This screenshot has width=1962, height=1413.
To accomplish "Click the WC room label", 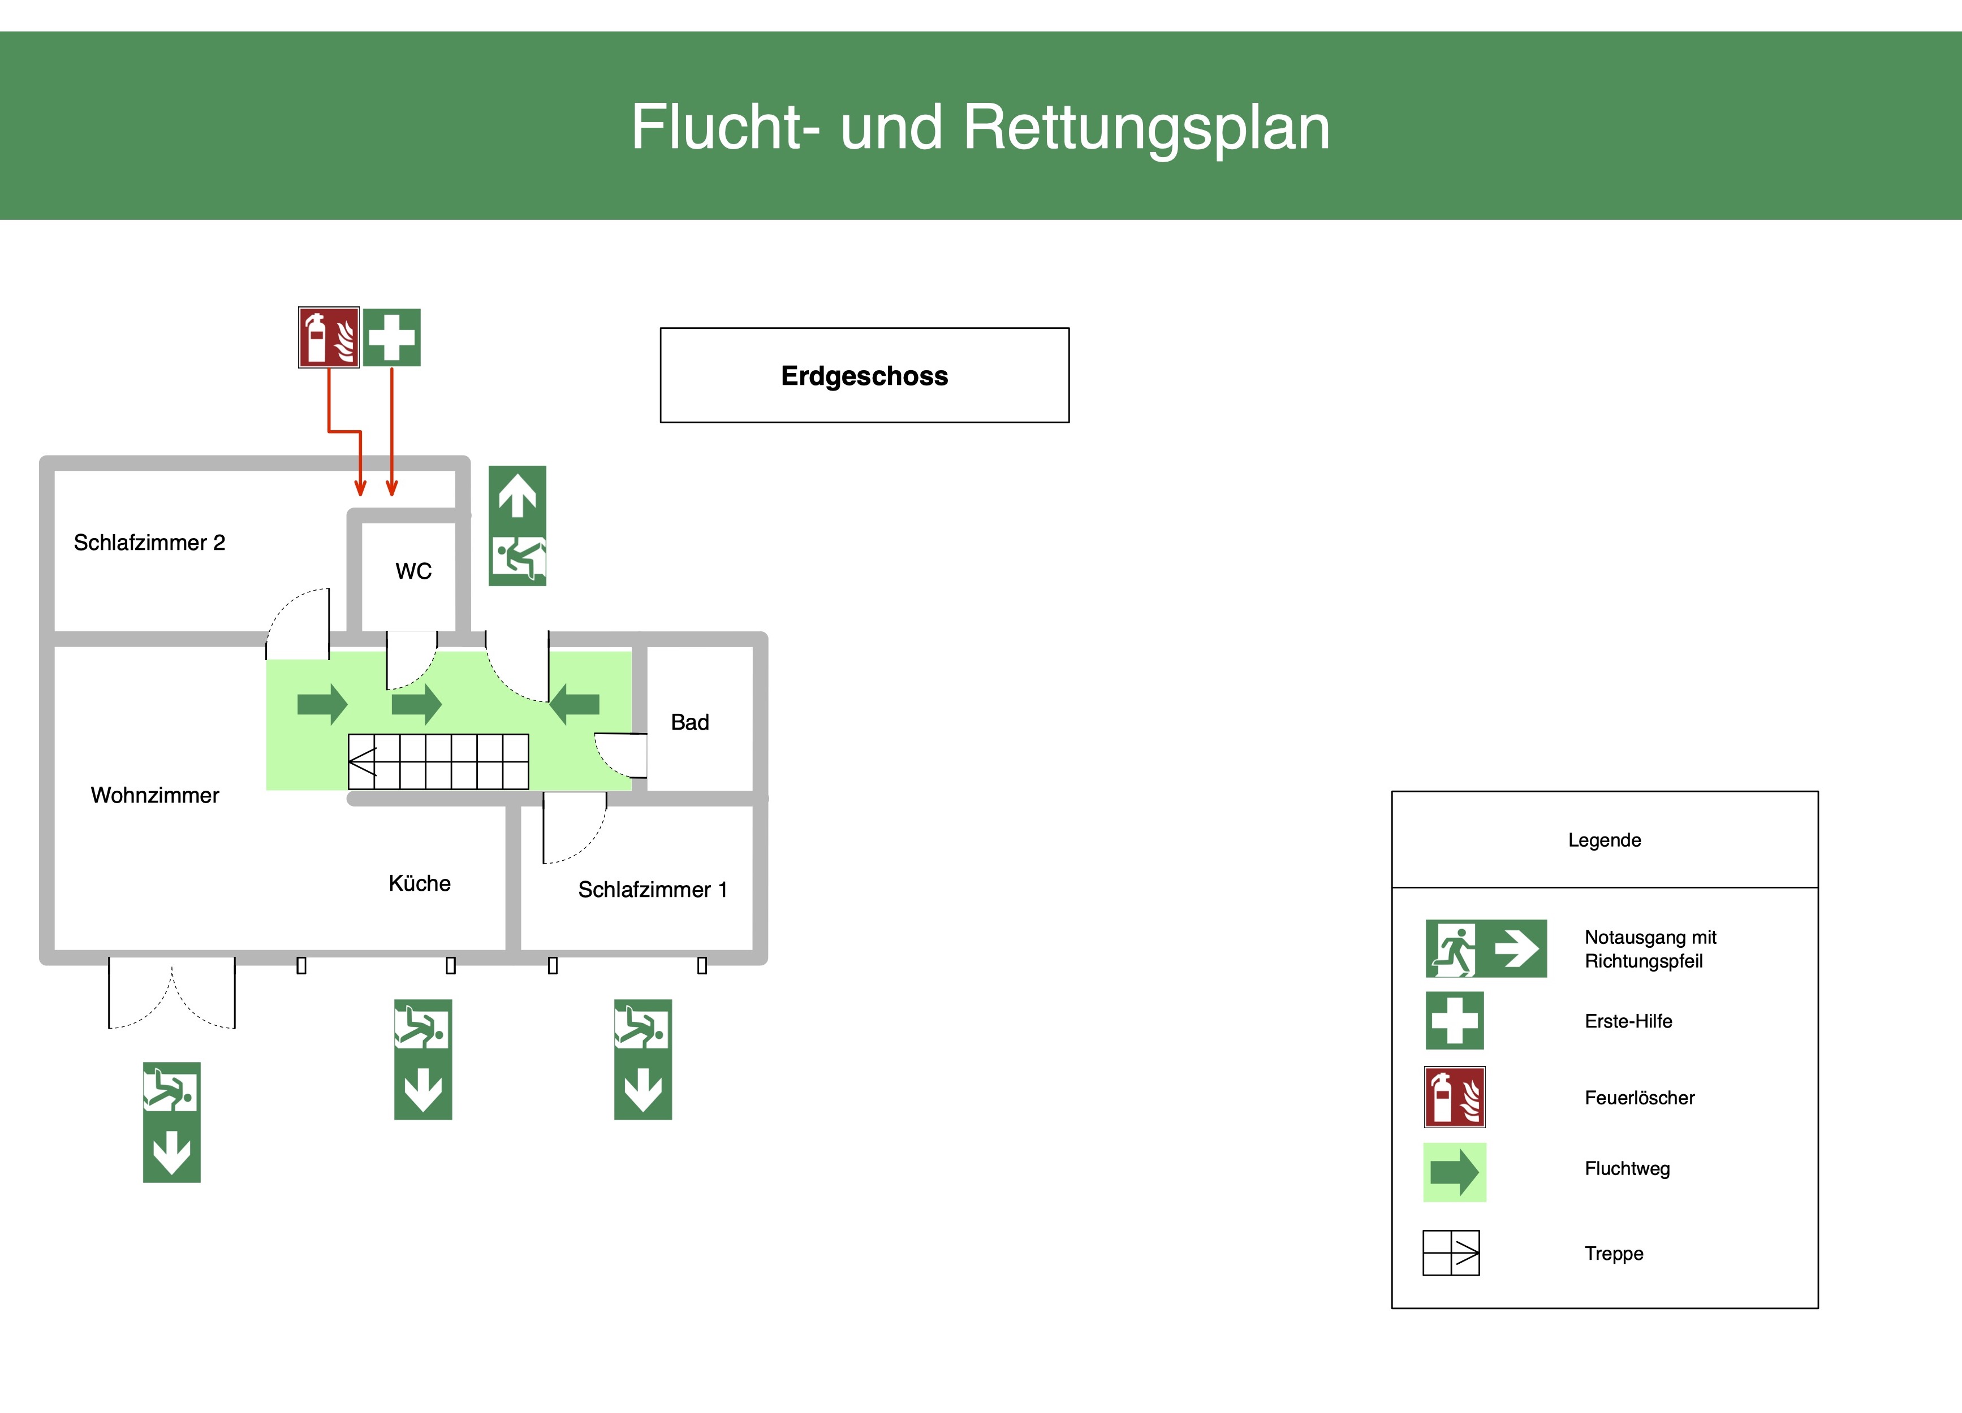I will click(413, 571).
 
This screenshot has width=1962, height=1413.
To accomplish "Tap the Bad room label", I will click(689, 722).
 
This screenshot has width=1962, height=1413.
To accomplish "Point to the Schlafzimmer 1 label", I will click(652, 889).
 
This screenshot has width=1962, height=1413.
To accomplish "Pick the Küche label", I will click(420, 883).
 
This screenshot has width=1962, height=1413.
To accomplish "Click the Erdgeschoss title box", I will click(864, 375).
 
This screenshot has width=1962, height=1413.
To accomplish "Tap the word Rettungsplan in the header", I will click(1146, 127).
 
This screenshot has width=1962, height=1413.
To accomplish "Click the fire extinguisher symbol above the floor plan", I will click(329, 337).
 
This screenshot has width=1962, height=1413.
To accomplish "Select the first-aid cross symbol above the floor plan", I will click(392, 337).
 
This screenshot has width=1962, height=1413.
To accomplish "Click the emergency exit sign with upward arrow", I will click(518, 526).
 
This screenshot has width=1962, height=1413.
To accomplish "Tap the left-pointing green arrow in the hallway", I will click(575, 704).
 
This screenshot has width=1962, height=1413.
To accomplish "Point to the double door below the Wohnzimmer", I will click(171, 992).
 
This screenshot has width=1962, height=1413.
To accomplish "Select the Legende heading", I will click(1604, 840).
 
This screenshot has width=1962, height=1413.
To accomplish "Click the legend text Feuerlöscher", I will click(1639, 1098).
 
